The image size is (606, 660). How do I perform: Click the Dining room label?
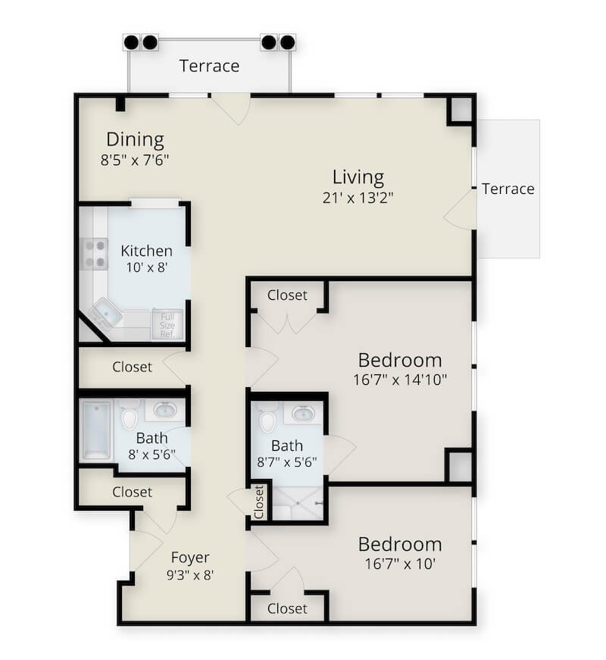tap(135, 139)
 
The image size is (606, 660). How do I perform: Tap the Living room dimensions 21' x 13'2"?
tap(358, 198)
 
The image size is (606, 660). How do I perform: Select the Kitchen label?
tap(146, 251)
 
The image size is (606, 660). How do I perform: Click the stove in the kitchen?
tap(95, 254)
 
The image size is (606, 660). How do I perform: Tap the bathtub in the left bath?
tap(96, 430)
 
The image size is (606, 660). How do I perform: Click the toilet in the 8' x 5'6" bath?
tap(129, 415)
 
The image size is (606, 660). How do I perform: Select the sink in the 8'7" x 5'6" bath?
tap(304, 414)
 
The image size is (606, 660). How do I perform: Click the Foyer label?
tap(189, 557)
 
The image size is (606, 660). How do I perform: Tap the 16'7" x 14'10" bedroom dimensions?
tap(399, 379)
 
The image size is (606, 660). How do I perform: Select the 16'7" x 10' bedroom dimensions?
tap(399, 564)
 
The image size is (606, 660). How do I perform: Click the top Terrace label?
tap(209, 66)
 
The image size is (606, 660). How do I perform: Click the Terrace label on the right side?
tap(508, 189)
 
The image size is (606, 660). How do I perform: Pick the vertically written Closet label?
tap(259, 502)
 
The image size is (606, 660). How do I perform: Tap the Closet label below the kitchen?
tap(132, 367)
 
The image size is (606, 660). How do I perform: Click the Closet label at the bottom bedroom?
tap(287, 608)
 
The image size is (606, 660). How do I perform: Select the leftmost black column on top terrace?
tap(131, 42)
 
